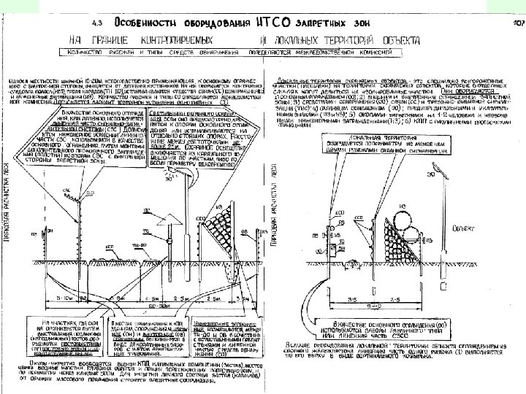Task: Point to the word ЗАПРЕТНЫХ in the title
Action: click(290, 24)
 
